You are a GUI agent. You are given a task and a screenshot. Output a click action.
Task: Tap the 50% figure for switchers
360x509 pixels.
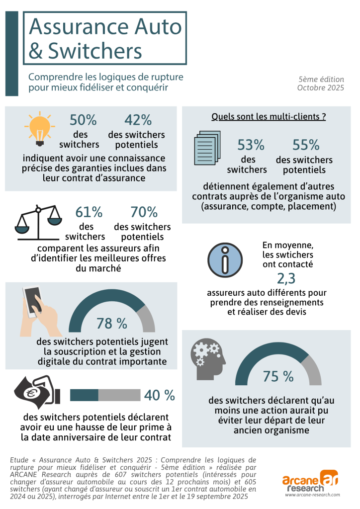(x=83, y=120)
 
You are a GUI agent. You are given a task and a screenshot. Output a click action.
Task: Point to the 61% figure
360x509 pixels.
(x=89, y=212)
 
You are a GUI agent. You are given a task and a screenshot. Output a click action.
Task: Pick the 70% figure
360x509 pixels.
(x=144, y=212)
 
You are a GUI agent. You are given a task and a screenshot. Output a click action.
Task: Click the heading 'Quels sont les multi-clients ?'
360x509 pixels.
(x=269, y=117)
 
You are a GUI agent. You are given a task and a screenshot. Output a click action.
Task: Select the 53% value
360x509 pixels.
(x=251, y=145)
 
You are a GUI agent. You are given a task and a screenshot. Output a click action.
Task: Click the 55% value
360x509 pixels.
(x=306, y=145)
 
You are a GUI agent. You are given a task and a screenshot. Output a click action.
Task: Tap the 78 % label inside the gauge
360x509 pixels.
(x=111, y=324)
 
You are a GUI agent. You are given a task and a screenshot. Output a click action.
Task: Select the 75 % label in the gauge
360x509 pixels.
(x=278, y=376)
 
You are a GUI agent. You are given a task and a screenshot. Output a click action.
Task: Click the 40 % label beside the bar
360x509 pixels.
(x=160, y=395)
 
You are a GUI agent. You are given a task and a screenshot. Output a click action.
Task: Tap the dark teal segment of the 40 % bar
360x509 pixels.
(x=84, y=395)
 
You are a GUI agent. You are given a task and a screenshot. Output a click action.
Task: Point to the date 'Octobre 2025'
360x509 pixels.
(x=320, y=88)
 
